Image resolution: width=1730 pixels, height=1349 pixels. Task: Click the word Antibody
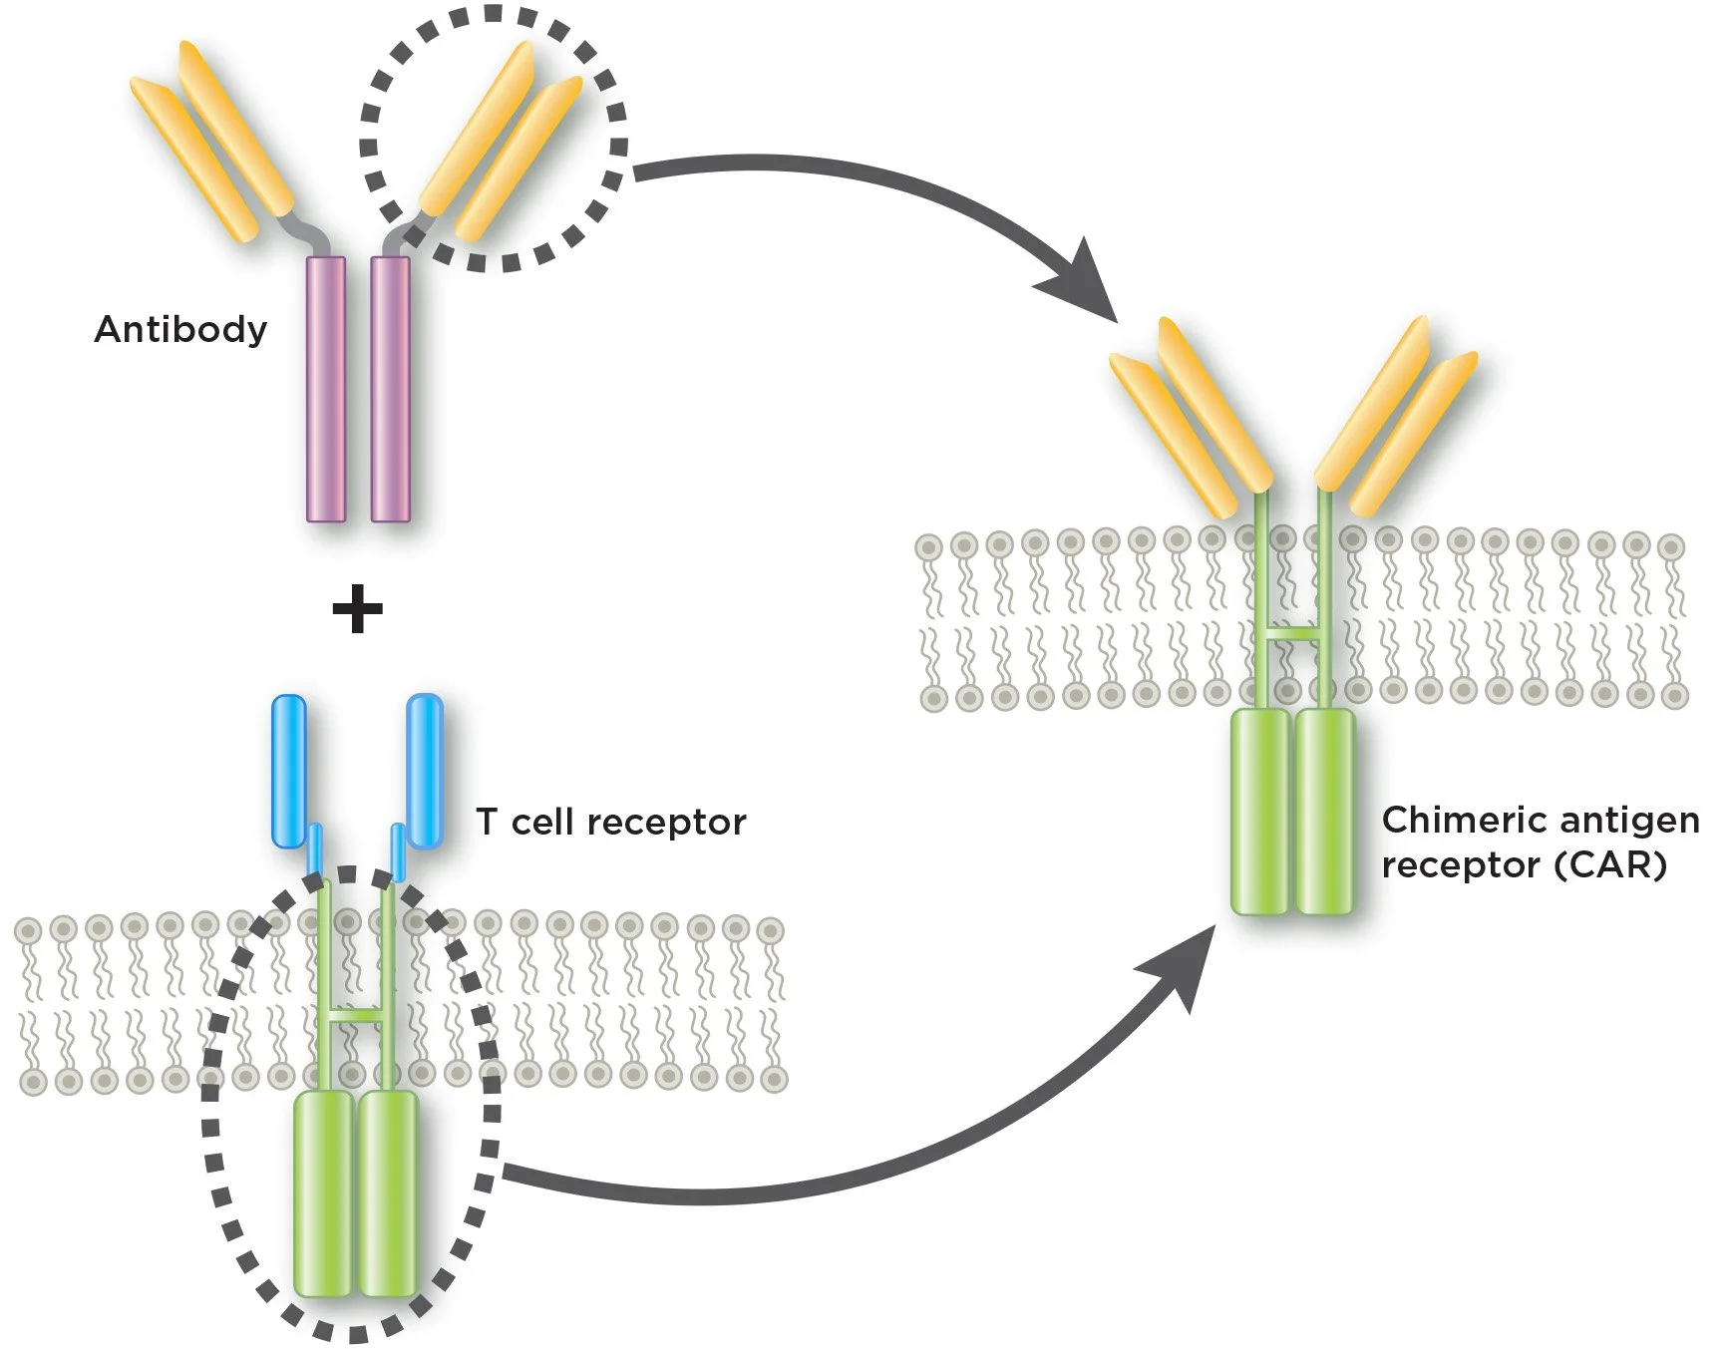[x=180, y=329]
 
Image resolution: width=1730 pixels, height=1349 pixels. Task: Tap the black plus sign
[x=357, y=609]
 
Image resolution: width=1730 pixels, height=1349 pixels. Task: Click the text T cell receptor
[x=610, y=823]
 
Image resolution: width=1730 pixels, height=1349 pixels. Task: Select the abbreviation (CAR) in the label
[x=1610, y=864]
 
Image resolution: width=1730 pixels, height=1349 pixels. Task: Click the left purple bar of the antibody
[x=326, y=389]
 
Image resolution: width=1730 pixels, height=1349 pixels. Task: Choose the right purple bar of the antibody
[x=390, y=389]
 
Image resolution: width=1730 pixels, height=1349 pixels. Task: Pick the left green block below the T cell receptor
[x=322, y=1193]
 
